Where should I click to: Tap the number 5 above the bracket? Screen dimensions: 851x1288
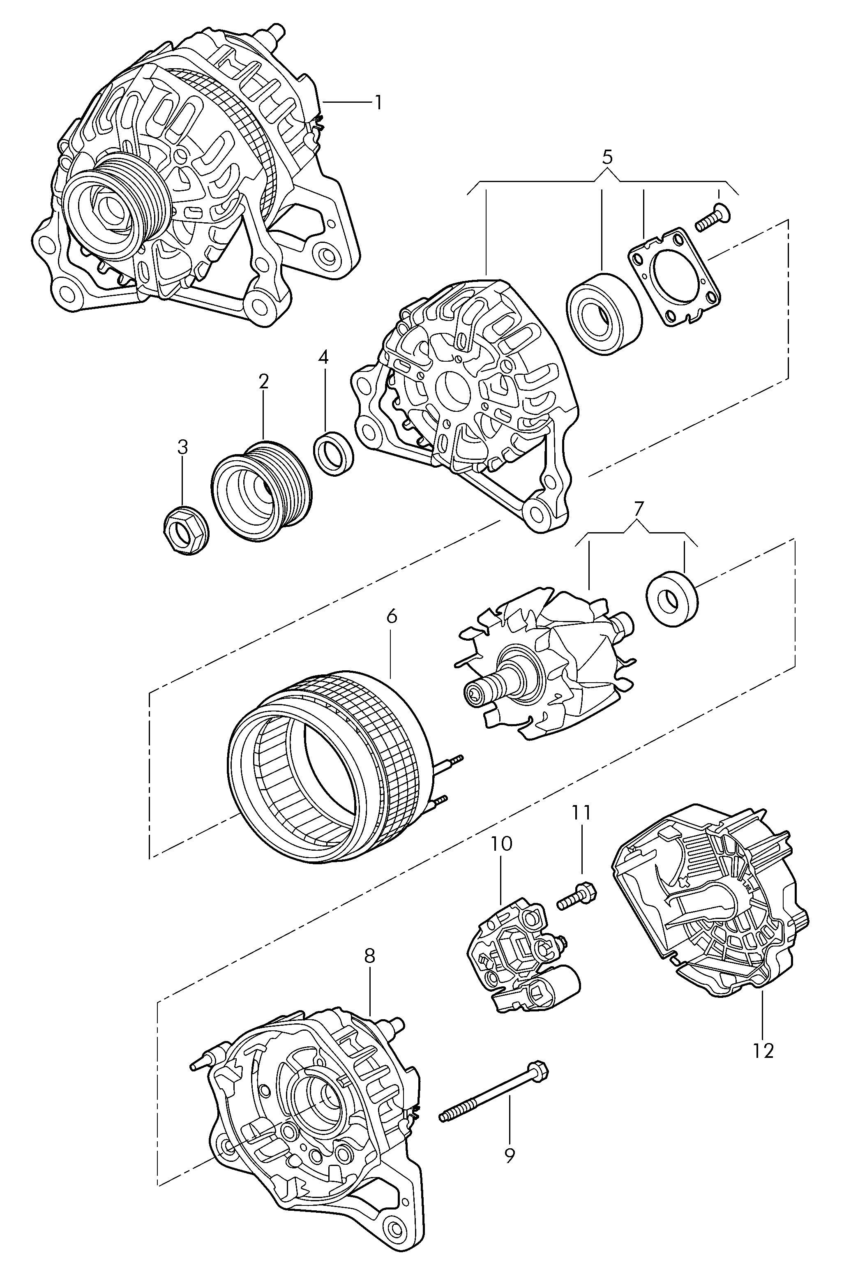(607, 157)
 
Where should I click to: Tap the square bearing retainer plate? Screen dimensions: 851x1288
(674, 277)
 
